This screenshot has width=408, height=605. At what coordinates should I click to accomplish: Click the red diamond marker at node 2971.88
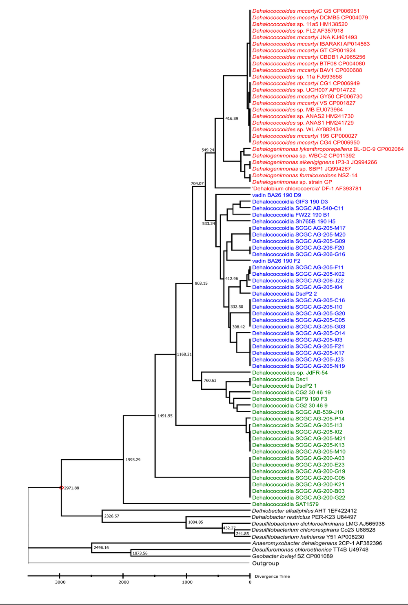[61, 487]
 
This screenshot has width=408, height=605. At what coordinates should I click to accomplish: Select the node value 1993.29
[133, 460]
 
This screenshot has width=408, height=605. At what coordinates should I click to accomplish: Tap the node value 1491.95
[165, 415]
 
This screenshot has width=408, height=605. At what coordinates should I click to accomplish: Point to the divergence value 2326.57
[111, 516]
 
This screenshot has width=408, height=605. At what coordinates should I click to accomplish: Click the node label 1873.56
[140, 553]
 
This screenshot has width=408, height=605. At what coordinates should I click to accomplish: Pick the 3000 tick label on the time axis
[60, 582]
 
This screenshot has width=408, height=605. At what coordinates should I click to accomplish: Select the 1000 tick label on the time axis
[187, 582]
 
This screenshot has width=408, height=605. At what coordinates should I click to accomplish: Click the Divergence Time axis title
[272, 576]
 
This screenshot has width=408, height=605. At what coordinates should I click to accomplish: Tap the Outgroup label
[266, 563]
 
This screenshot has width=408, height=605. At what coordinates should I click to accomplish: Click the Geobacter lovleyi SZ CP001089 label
[292, 556]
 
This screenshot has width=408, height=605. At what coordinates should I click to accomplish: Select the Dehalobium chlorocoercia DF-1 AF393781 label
[306, 188]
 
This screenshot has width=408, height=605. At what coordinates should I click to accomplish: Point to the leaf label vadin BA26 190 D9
[276, 195]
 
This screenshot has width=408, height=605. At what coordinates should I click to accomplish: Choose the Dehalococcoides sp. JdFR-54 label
[290, 373]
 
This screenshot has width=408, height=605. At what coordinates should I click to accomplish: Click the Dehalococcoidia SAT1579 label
[285, 504]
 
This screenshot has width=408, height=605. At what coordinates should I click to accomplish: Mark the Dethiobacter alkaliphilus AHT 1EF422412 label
[304, 511]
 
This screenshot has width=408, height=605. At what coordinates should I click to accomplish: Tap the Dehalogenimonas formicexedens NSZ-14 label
[305, 175]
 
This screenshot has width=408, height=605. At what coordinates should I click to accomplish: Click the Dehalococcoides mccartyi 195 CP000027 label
[305, 136]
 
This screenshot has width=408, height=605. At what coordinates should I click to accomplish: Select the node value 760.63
[210, 380]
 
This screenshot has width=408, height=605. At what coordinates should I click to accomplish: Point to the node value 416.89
[232, 118]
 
